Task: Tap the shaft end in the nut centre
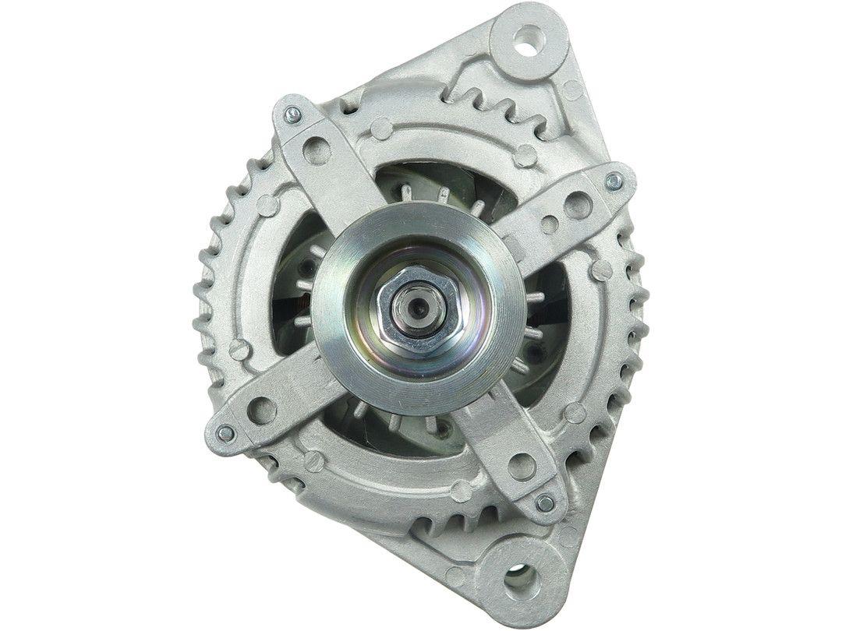[x=410, y=308]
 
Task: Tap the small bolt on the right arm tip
[x=612, y=182]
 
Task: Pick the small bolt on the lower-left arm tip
[x=225, y=433]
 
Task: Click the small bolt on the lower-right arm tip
[x=546, y=503]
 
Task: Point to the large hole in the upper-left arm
[x=317, y=149]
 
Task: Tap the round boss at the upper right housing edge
[x=573, y=90]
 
